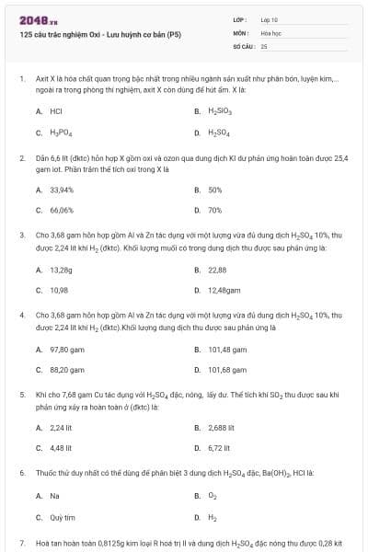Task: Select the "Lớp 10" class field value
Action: [x=270, y=18]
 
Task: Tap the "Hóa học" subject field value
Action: [x=271, y=31]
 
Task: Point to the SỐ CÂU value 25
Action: [x=264, y=45]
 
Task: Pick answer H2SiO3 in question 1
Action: [x=220, y=111]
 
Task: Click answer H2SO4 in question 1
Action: [x=220, y=132]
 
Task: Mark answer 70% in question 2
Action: [x=214, y=210]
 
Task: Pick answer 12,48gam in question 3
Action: [x=224, y=290]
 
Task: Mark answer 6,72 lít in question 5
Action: [x=219, y=449]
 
